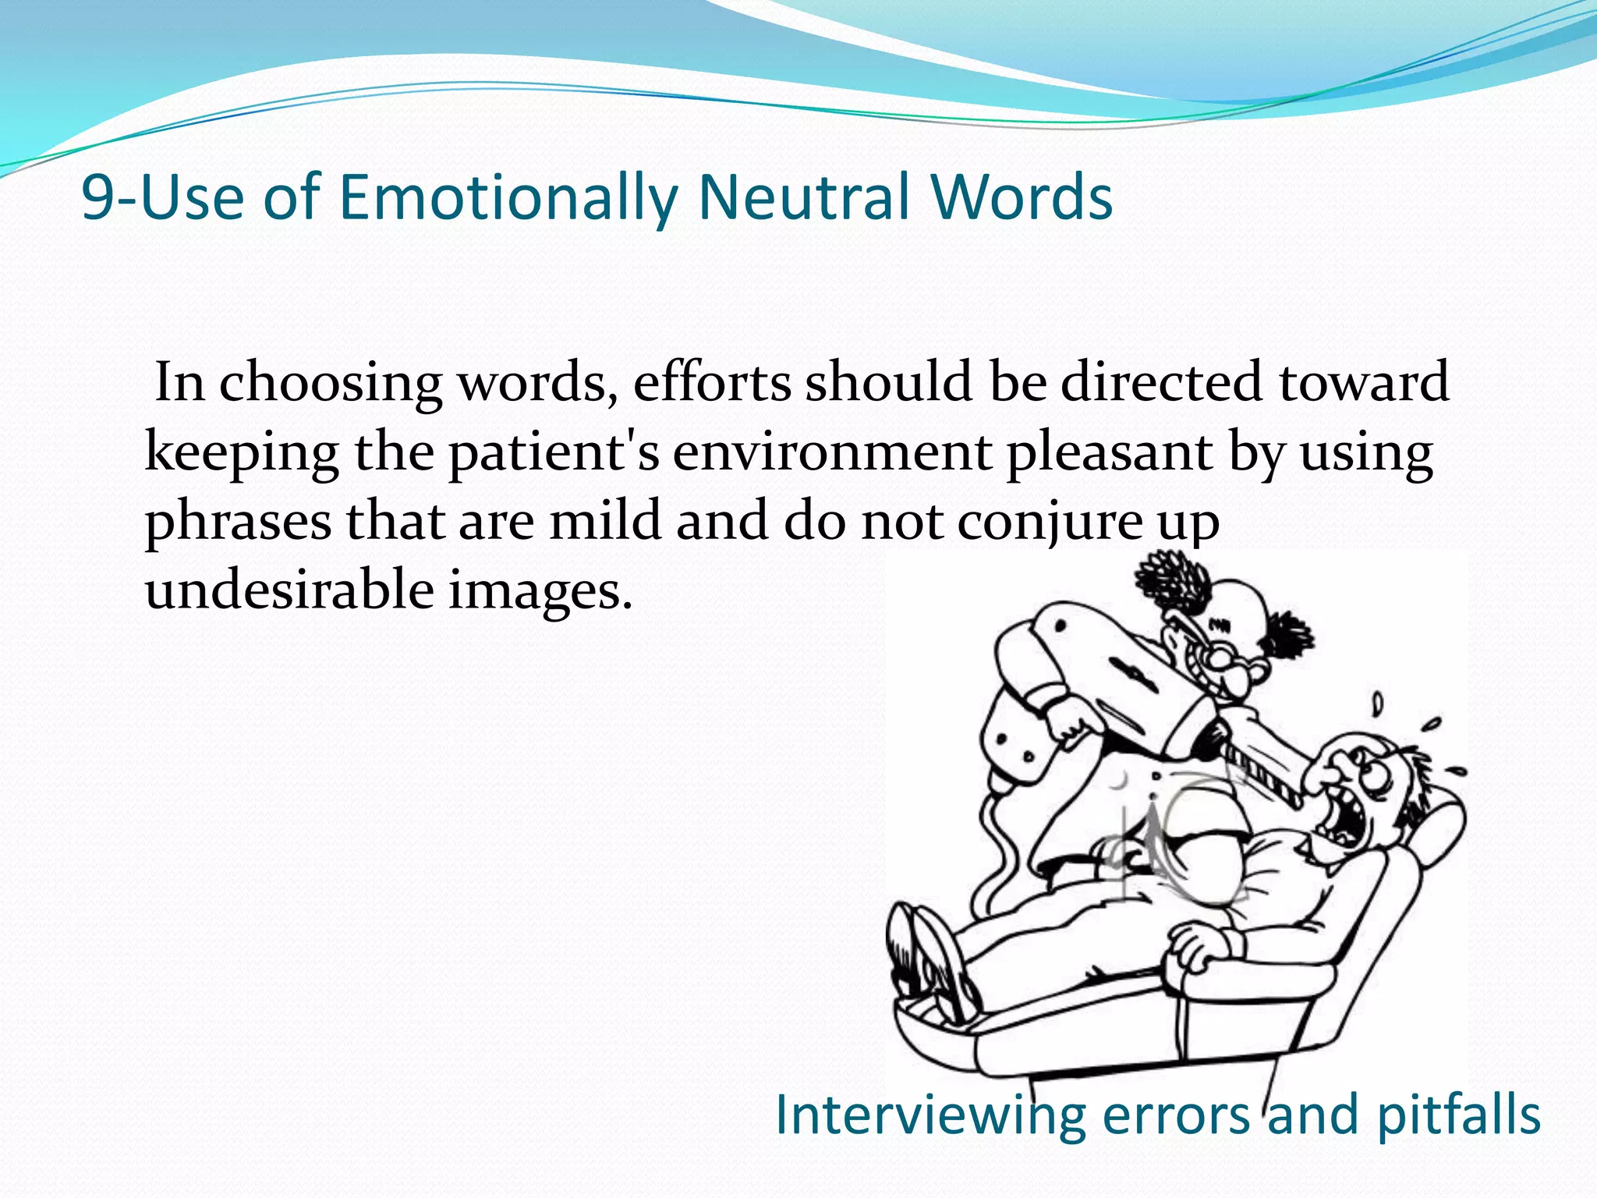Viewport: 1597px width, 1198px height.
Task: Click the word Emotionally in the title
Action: click(508, 197)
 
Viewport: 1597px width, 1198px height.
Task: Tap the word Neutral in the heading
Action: click(804, 197)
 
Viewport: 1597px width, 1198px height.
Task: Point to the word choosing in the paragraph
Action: click(330, 385)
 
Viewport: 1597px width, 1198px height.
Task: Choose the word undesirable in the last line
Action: click(289, 590)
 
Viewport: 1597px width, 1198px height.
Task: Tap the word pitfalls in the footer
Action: click(1458, 1115)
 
